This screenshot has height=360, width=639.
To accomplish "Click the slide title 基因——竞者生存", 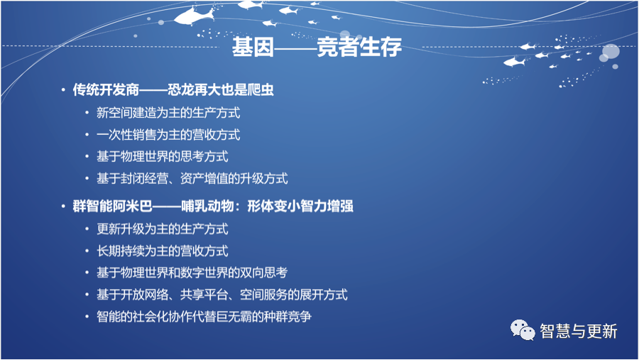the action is (317, 47).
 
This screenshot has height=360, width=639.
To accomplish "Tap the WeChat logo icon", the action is (523, 330).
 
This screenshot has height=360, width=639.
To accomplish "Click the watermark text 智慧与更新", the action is (578, 331).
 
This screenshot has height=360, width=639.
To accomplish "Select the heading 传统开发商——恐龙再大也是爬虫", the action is (173, 89).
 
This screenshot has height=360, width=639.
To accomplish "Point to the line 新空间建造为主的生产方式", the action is (168, 113).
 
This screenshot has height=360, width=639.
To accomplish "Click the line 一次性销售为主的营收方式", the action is (168, 134).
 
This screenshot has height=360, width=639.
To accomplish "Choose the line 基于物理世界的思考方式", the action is (162, 156).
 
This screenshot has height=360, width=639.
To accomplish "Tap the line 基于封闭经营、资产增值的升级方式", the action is (192, 178).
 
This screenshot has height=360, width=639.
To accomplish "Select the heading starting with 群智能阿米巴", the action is (213, 206).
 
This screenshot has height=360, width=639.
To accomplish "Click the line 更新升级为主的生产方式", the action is (162, 229).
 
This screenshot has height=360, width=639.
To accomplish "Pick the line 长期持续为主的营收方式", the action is (162, 251).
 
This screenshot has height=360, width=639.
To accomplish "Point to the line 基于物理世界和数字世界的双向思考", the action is (192, 273).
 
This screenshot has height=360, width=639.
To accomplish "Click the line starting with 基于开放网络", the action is (222, 295).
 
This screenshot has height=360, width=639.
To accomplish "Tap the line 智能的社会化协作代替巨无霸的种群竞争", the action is (204, 317).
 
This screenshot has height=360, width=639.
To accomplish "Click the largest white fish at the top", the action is (195, 16).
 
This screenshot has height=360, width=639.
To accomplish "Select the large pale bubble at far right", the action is (611, 52).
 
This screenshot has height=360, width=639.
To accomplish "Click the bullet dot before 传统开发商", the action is (63, 89).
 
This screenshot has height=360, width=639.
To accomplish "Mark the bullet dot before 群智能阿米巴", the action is (63, 207).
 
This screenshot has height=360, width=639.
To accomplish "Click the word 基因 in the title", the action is (253, 47).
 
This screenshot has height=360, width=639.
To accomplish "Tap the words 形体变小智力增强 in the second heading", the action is (300, 206).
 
